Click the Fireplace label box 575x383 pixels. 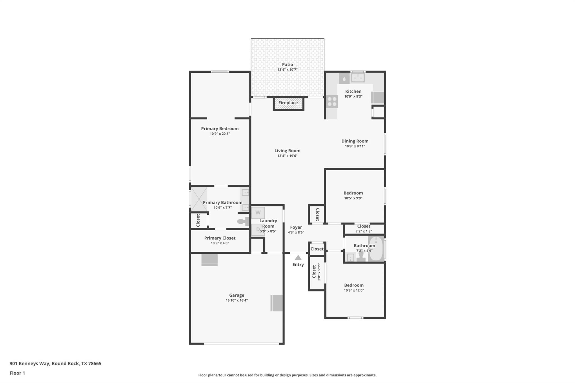coord(288,103)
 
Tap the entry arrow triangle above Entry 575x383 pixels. coord(298,258)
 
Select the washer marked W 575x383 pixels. coord(258,213)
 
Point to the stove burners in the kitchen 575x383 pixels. coord(332,102)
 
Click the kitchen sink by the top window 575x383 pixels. coord(358,77)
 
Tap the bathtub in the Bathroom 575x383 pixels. coord(376,249)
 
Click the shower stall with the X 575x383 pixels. coord(199,199)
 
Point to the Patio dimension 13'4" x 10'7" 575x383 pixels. coord(287,70)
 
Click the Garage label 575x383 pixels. coord(237,295)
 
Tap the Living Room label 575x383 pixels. coord(287,151)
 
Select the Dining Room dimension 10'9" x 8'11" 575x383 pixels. coord(355,146)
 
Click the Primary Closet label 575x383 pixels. coord(220,238)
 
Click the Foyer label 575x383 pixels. coord(296,227)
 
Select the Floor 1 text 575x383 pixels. coord(17,373)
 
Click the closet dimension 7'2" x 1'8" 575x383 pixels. coord(364,231)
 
